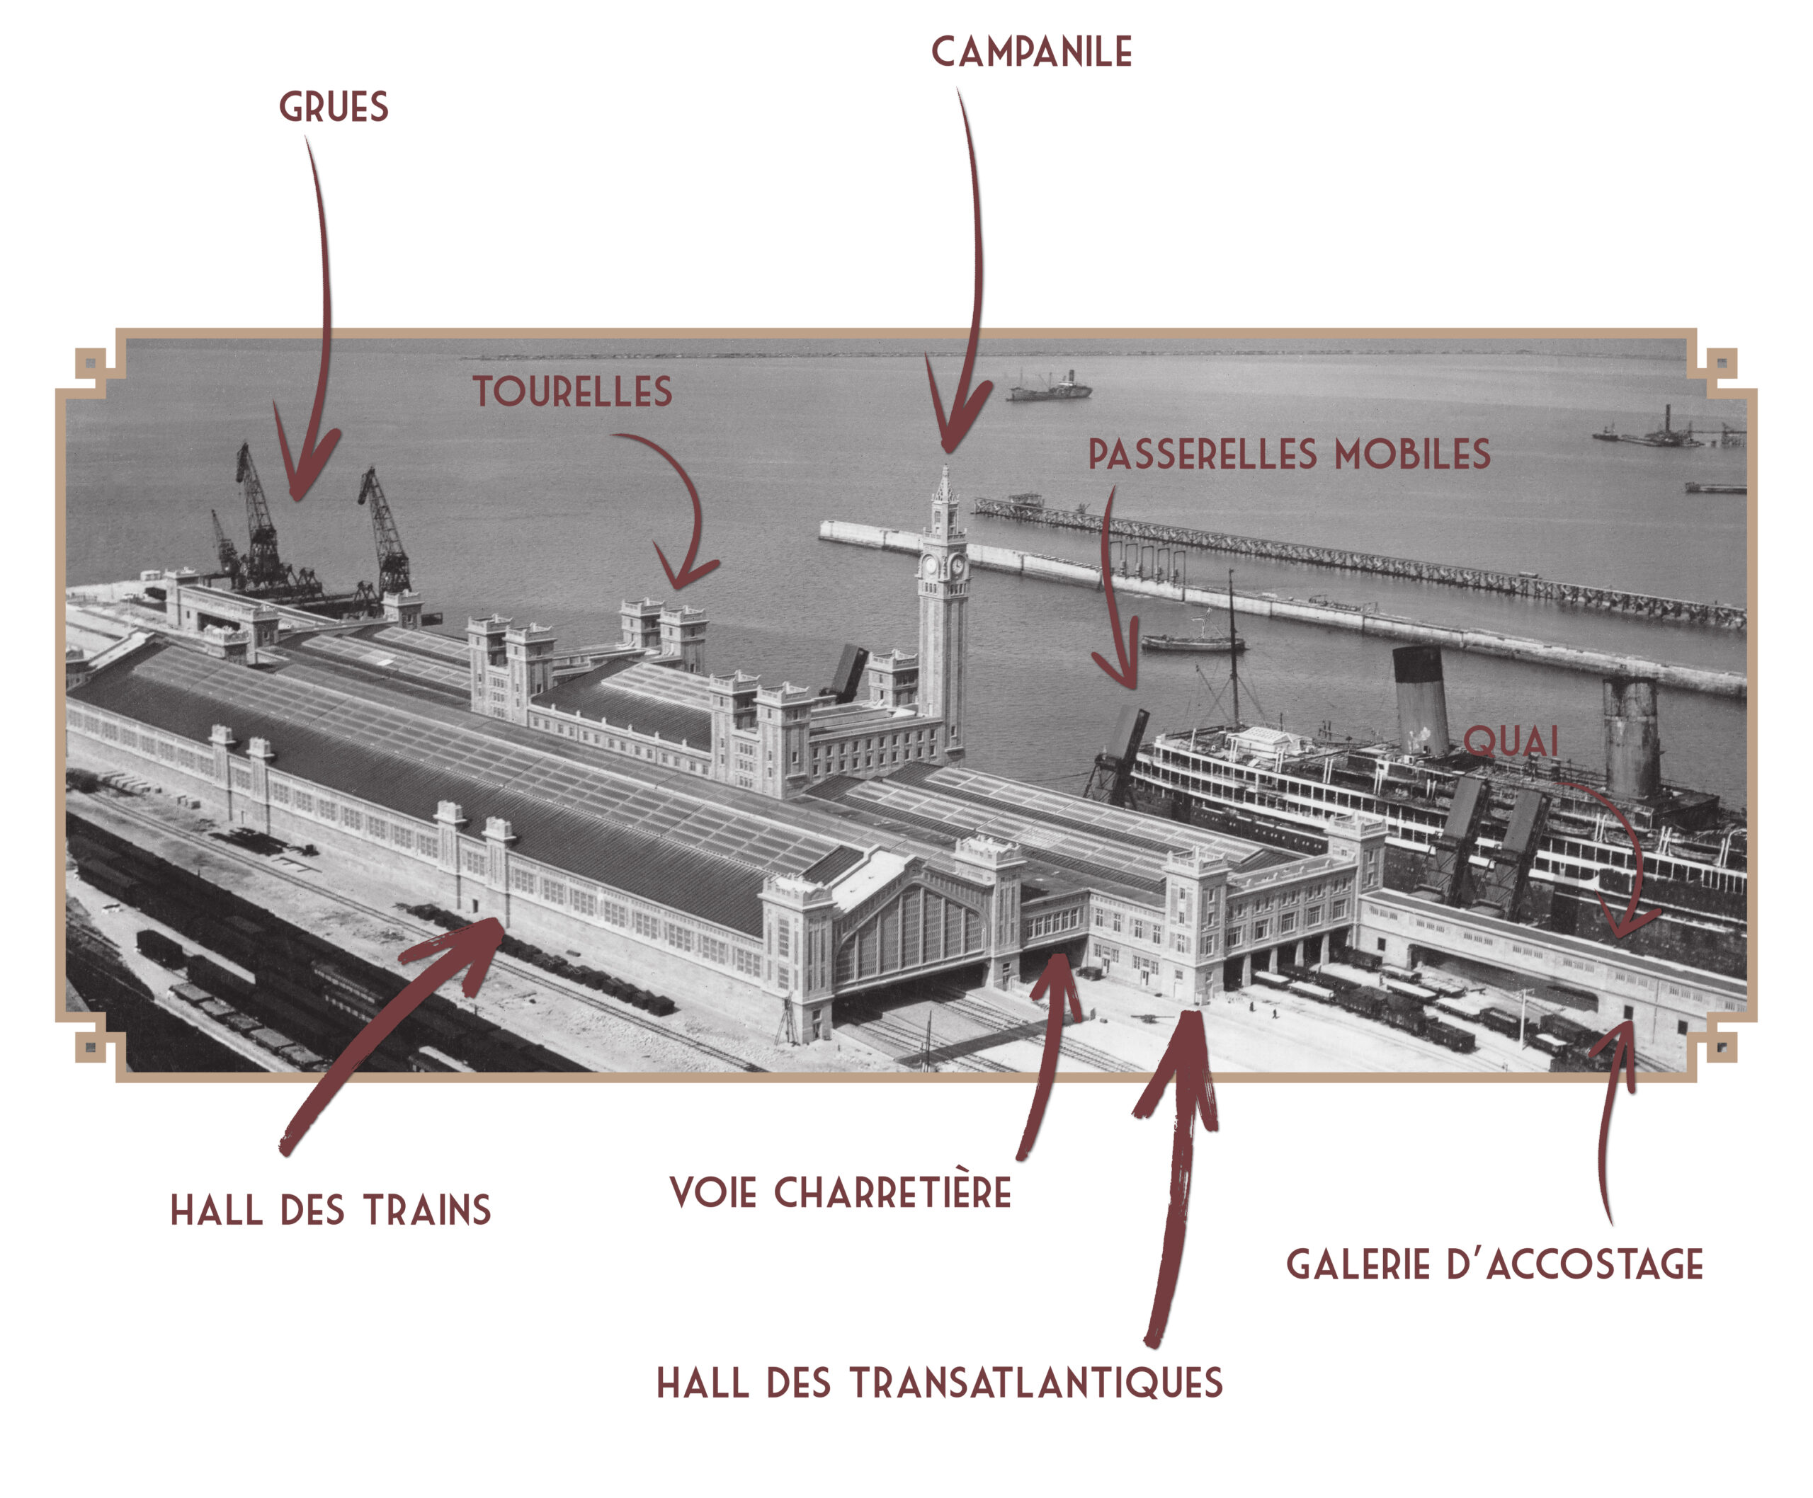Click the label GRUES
pos(334,107)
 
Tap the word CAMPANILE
pos(1031,52)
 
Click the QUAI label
pos(1511,741)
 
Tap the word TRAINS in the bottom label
pos(426,1211)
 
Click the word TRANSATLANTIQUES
pos(1036,1383)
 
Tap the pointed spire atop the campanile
pos(945,484)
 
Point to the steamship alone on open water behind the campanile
pos(1049,389)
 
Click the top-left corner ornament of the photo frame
pos(90,360)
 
